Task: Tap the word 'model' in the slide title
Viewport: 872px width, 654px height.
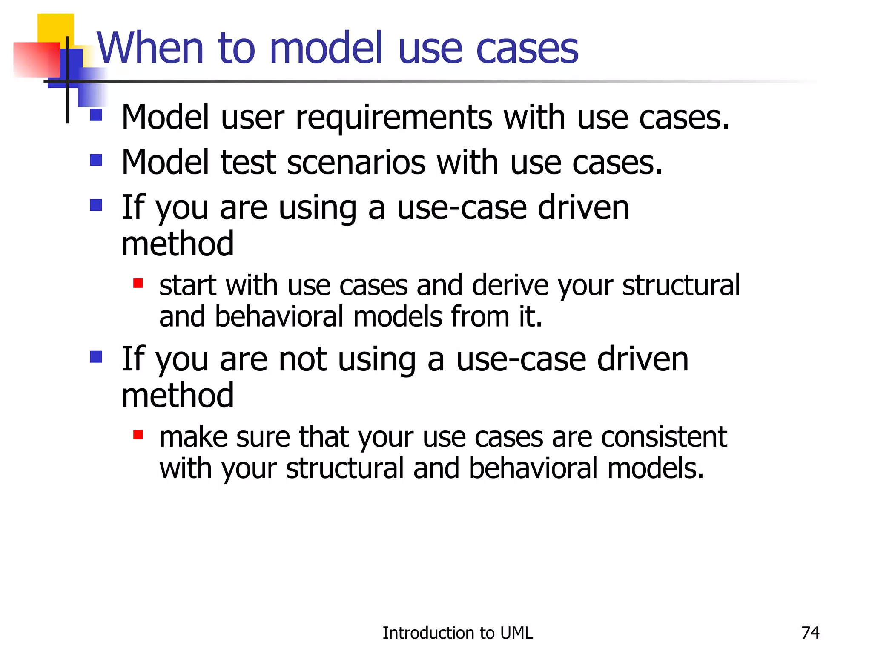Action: [x=326, y=48]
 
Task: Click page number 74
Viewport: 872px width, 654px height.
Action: [x=810, y=633]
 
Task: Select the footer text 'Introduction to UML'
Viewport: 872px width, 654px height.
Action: [x=457, y=633]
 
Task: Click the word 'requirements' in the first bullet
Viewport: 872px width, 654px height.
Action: [x=394, y=118]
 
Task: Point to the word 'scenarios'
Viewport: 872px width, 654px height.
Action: [x=356, y=163]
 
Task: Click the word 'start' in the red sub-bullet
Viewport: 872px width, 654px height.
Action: [x=187, y=285]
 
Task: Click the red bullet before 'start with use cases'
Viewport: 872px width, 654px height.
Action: [x=138, y=283]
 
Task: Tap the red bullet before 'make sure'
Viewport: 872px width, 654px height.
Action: [x=138, y=435]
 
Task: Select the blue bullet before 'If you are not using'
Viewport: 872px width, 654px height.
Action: [x=96, y=356]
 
